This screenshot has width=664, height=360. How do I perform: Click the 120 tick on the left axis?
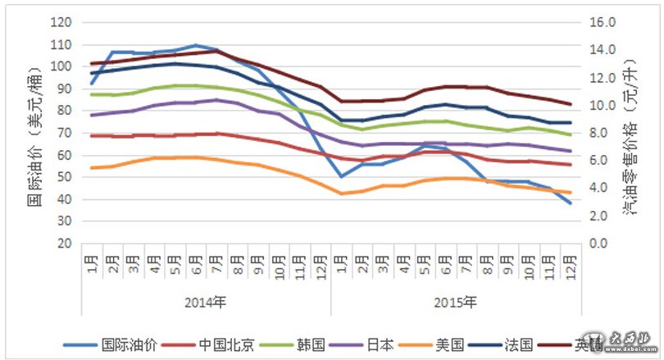tap(61, 22)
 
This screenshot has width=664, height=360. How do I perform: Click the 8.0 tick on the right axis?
tap(602, 133)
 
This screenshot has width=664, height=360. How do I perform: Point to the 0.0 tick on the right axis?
tap(602, 244)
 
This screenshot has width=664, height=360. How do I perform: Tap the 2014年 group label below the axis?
tap(206, 302)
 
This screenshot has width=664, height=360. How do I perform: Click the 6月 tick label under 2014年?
tap(195, 267)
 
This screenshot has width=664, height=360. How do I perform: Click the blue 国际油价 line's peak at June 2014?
tap(195, 45)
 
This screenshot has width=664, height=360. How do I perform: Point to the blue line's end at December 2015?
tap(570, 203)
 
